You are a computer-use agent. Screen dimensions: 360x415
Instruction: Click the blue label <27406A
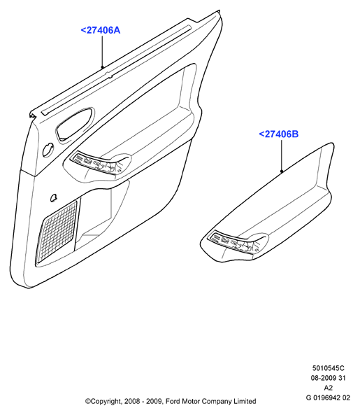101,30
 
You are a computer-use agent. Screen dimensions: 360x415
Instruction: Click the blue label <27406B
279,134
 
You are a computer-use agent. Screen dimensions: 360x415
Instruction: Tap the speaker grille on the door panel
57,232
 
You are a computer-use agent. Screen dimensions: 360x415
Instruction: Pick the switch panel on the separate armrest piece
233,242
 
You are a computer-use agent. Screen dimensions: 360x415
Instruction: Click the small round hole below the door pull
48,150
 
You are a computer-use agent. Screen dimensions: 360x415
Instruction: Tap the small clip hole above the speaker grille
53,197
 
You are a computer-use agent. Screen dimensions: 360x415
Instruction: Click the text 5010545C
329,368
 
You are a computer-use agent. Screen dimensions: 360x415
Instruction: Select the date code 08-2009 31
328,378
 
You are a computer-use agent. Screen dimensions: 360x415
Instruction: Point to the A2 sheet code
328,388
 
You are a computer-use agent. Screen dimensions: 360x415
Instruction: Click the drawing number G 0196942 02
328,398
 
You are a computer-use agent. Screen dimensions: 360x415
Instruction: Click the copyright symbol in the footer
87,402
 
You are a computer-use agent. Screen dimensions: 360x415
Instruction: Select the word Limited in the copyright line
245,402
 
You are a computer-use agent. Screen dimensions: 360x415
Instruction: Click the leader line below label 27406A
103,52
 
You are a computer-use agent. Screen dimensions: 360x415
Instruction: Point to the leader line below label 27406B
282,156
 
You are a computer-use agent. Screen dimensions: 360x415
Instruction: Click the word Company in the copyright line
216,402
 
